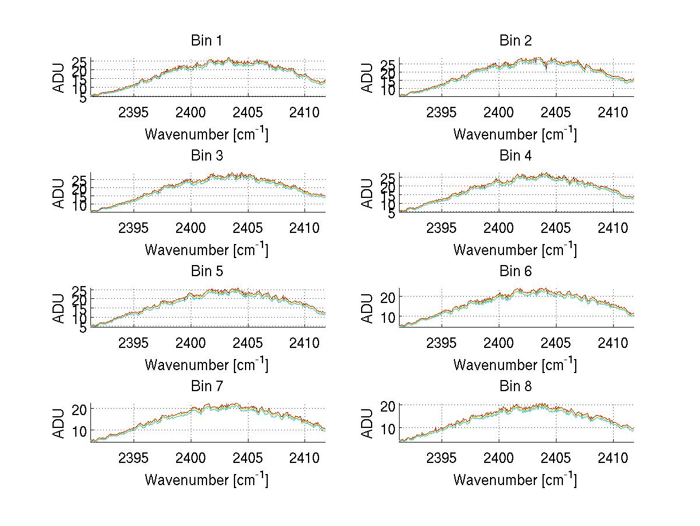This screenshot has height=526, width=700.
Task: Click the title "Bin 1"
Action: (206, 41)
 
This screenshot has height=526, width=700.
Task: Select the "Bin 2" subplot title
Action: (515, 41)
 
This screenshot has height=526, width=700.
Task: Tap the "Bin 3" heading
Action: (206, 156)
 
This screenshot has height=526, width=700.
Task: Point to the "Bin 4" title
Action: (515, 156)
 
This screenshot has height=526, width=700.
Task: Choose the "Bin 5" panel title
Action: (206, 271)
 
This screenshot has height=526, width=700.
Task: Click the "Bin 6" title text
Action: (515, 271)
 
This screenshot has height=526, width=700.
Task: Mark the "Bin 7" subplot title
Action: (206, 386)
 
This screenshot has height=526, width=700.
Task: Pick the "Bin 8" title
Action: (515, 386)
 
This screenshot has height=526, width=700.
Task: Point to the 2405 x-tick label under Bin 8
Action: (556, 458)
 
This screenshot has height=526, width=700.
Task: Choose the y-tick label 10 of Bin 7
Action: (80, 431)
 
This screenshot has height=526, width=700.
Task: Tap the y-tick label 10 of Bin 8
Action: (388, 428)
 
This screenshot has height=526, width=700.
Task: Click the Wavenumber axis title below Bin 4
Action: (515, 249)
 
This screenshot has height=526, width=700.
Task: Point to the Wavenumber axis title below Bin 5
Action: (206, 365)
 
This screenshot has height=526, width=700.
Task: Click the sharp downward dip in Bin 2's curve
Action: (546, 69)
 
